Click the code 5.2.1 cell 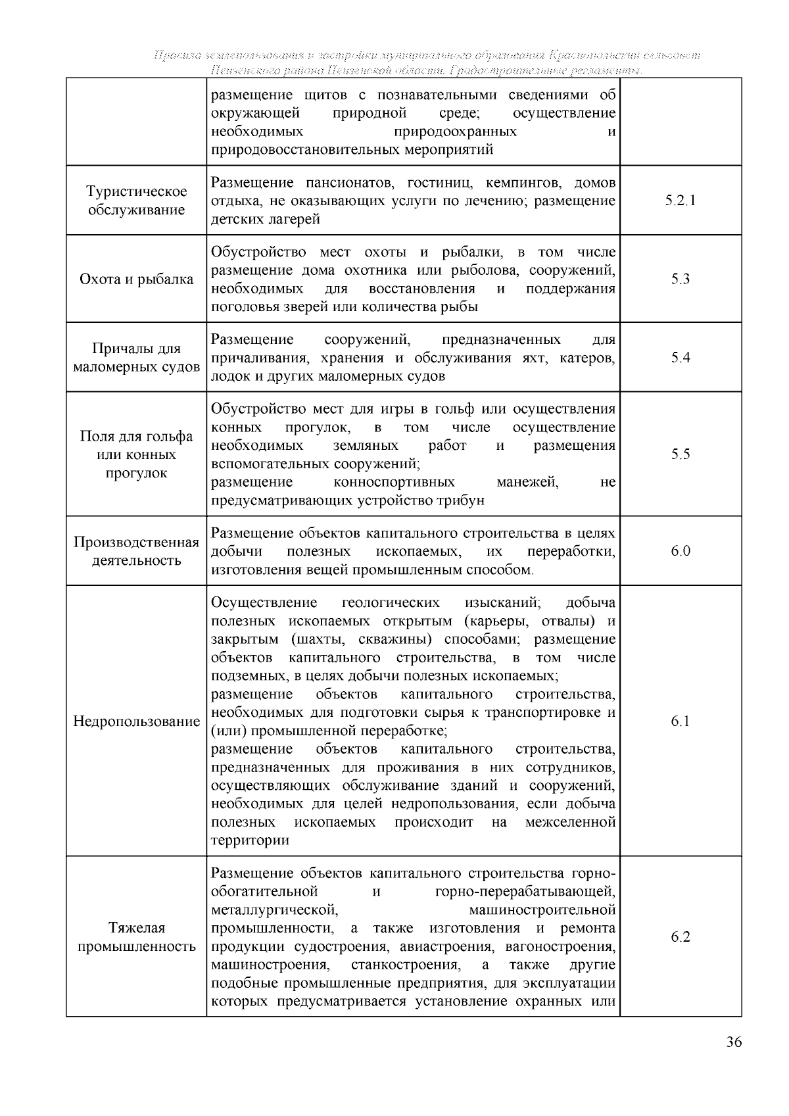[680, 201]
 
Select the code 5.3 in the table [680, 279]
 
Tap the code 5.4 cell [680, 358]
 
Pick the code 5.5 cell [680, 454]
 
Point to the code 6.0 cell [680, 551]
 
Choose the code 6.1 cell [680, 721]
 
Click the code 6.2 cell [680, 936]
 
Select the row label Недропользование [136, 721]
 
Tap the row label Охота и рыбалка [136, 279]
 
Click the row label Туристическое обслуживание [136, 201]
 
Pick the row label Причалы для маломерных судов [136, 358]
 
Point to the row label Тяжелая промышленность [136, 937]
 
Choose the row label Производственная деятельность [136, 551]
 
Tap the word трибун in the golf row [461, 500]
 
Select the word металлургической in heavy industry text [275, 910]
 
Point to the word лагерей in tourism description [292, 219]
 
